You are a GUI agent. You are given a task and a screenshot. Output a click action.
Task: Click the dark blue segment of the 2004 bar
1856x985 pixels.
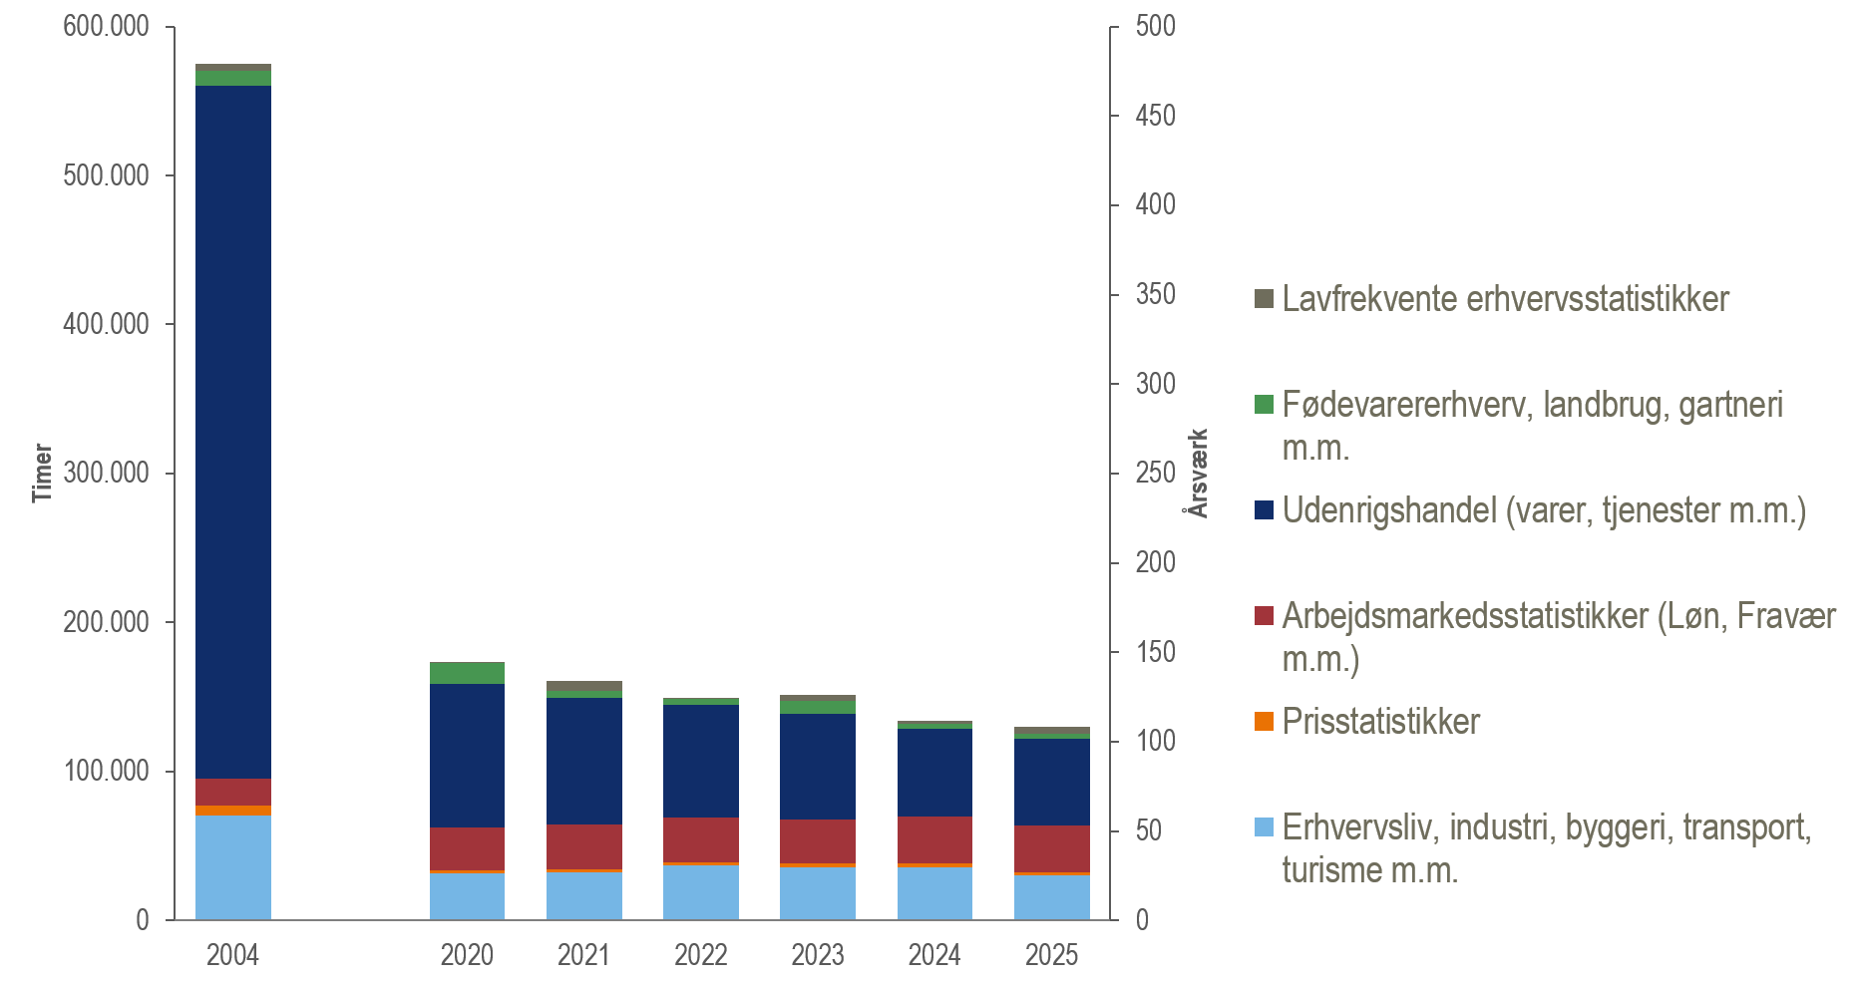point(232,429)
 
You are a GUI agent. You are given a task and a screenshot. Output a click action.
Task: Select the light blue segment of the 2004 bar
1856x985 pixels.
point(232,866)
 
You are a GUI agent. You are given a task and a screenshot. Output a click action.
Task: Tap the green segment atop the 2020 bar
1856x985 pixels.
point(467,673)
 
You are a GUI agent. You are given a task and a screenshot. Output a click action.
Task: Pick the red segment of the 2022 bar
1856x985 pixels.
point(700,839)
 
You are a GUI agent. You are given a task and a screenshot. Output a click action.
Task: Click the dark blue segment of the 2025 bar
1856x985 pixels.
point(1051,782)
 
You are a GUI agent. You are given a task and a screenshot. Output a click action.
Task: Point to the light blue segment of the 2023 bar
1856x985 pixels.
point(817,892)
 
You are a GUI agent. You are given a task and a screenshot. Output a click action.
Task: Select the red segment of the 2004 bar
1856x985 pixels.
point(232,792)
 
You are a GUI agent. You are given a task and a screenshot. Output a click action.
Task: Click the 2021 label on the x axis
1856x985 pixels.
point(583,955)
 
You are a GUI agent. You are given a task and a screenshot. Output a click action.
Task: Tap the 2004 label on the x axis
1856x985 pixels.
point(232,955)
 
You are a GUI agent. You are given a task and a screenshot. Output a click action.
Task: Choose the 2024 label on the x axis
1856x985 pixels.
point(933,955)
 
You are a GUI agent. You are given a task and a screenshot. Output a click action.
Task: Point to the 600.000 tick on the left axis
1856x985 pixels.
point(106,26)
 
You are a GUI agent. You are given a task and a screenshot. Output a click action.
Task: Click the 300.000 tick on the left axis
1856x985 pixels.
point(106,473)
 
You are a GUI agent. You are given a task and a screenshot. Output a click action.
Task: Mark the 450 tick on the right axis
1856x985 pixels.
point(1155,116)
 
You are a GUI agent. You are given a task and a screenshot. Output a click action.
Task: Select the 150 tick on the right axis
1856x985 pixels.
point(1155,652)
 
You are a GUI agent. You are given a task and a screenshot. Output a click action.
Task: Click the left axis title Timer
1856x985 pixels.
point(42,473)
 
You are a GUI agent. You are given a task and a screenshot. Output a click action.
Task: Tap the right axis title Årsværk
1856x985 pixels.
point(1198,473)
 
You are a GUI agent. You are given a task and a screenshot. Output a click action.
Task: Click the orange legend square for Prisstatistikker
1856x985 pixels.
point(1264,722)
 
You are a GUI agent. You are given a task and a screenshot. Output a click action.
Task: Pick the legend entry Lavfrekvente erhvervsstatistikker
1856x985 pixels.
point(1505,299)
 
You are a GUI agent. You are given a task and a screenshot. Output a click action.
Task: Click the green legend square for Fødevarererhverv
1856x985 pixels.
point(1264,405)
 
